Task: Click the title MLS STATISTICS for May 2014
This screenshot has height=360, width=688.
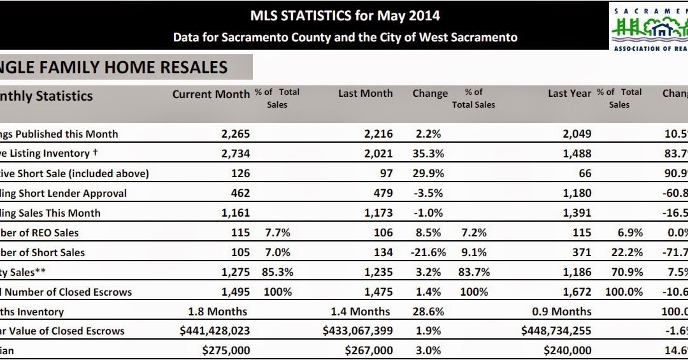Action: [345, 15]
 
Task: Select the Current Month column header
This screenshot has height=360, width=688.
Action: [211, 94]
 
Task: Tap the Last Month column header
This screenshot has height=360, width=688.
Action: [365, 93]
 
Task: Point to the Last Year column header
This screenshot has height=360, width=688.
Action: [570, 93]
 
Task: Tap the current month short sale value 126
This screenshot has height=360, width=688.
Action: [241, 173]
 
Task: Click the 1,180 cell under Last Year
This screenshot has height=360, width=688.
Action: [576, 193]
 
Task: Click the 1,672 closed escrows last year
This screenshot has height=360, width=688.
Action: [576, 292]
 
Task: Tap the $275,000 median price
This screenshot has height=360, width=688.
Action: [226, 350]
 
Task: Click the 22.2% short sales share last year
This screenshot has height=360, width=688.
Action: [628, 252]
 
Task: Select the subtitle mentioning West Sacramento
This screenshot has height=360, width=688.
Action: [345, 38]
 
